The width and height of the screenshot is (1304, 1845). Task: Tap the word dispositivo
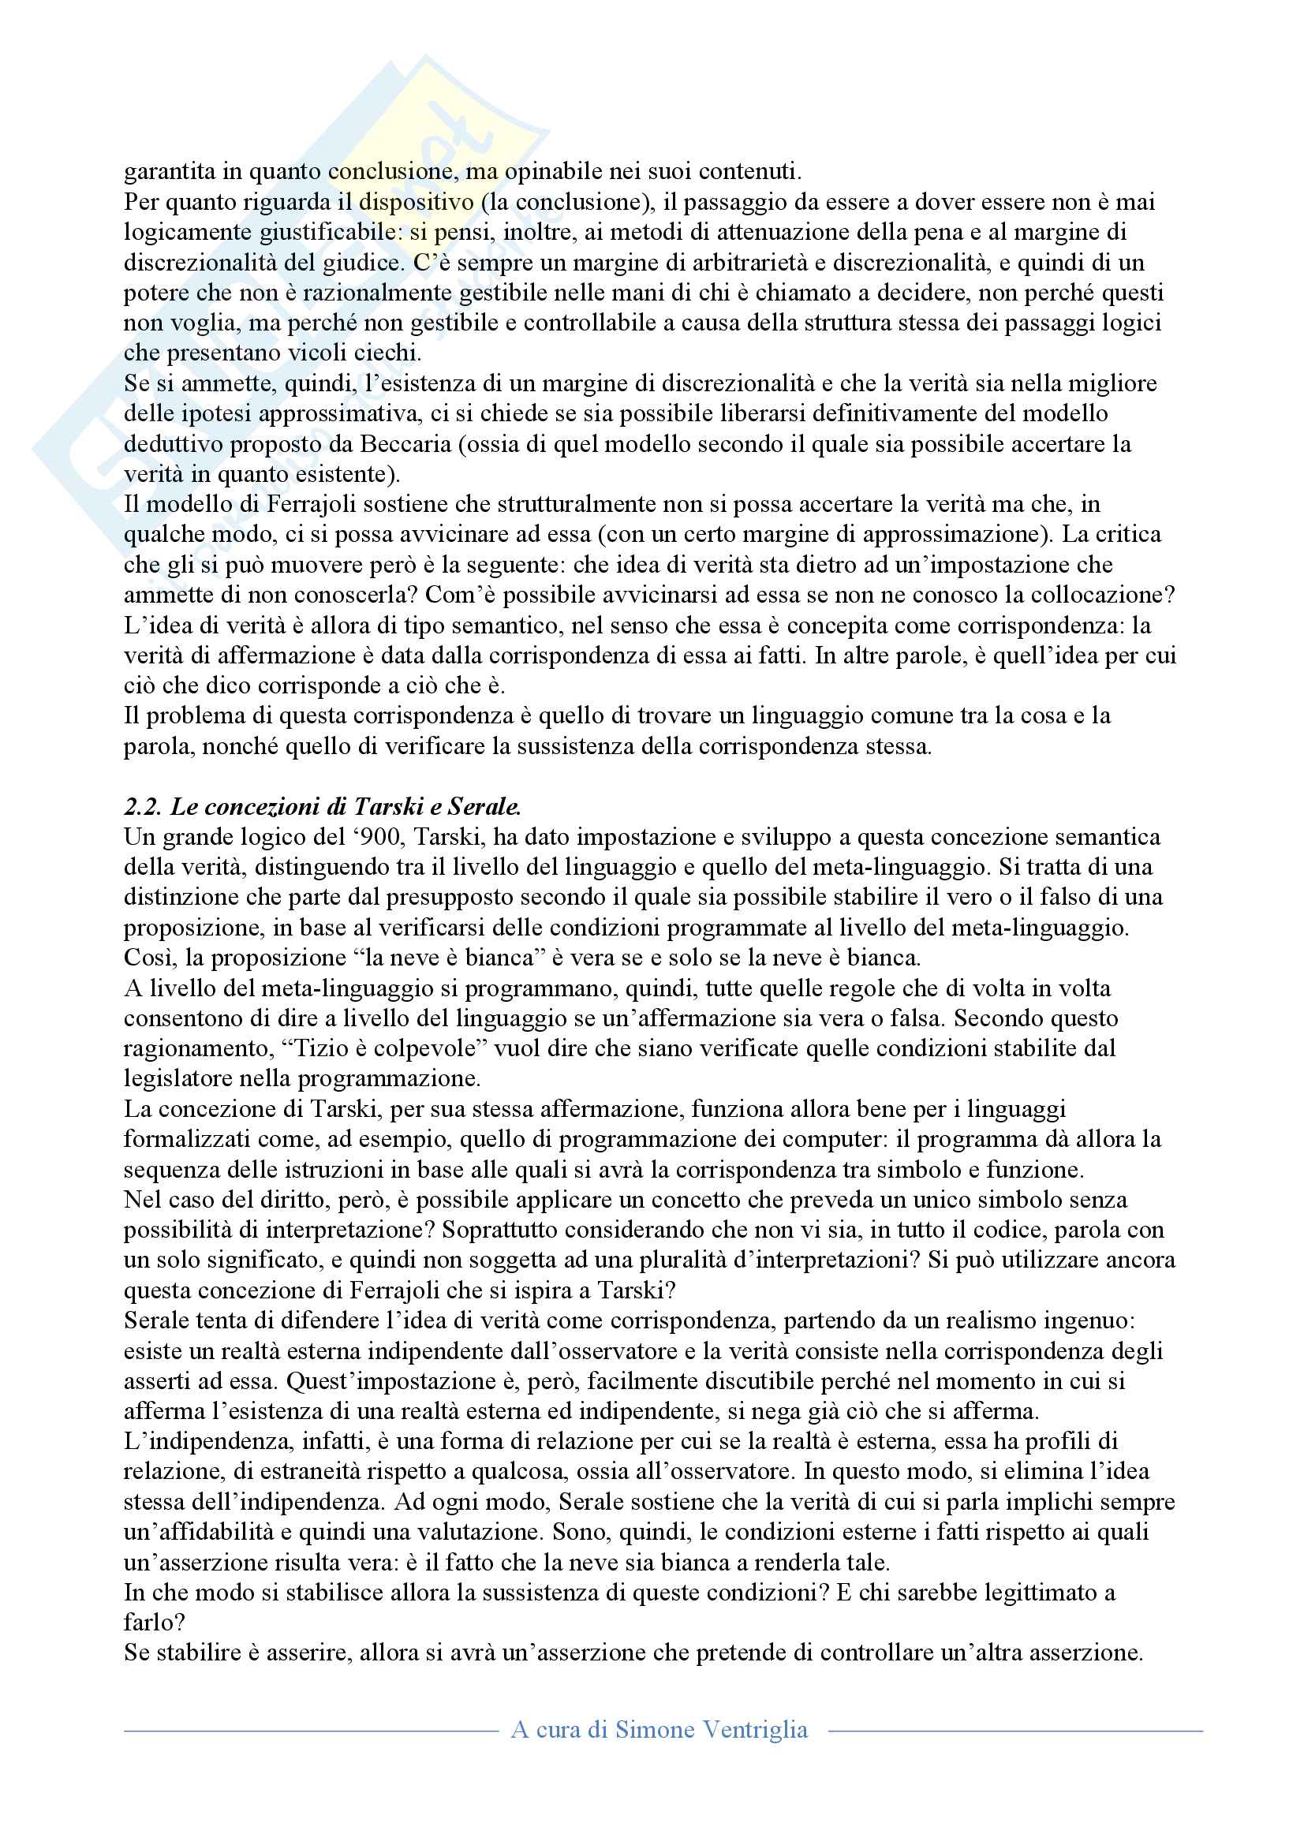[417, 202]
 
